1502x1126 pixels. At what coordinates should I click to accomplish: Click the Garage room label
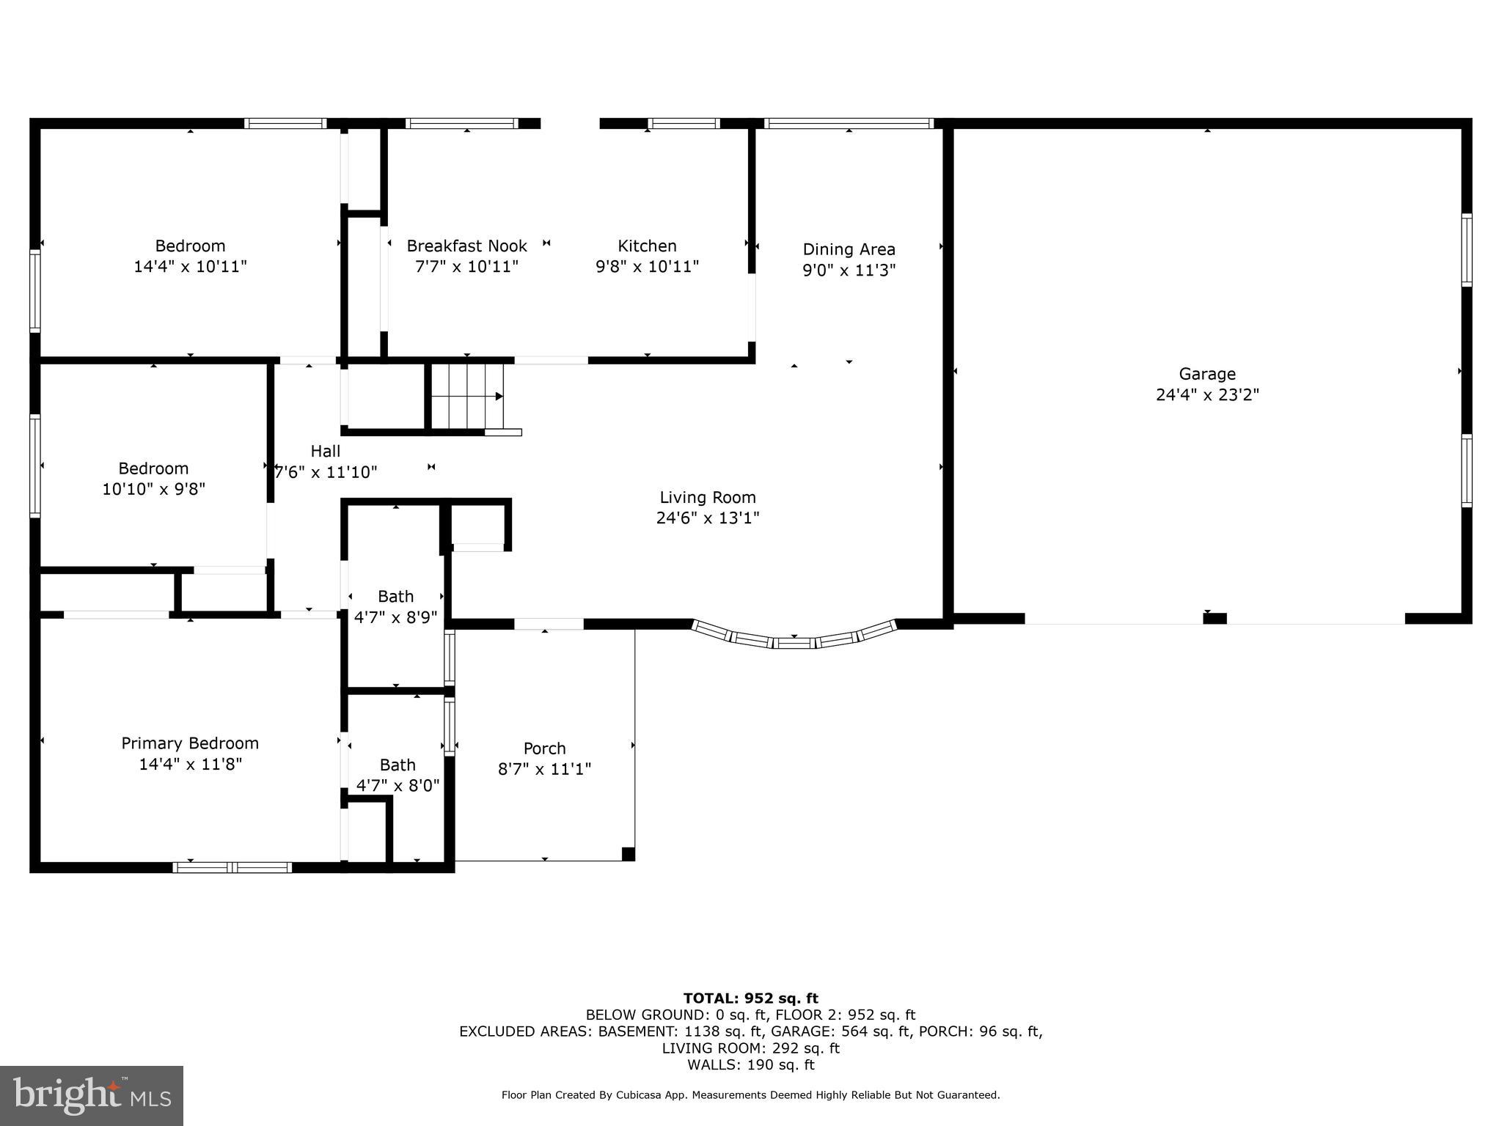pos(1207,374)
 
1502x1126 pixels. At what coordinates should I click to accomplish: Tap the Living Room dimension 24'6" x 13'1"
pos(707,518)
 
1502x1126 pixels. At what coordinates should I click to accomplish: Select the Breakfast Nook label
pos(466,246)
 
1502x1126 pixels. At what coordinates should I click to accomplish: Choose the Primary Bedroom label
pos(190,743)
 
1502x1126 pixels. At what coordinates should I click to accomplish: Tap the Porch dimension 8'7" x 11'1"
pos(544,769)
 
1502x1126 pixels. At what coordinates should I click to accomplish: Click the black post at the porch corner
pos(628,853)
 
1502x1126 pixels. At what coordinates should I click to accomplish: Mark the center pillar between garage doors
pos(1215,619)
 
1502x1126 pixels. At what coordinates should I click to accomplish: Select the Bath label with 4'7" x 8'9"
pos(395,597)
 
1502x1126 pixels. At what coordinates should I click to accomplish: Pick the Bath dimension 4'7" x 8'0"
pos(398,786)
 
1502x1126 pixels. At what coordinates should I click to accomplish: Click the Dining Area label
pos(849,249)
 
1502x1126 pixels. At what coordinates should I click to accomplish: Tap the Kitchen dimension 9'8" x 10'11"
pos(647,267)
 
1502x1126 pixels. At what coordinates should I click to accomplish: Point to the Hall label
pos(325,451)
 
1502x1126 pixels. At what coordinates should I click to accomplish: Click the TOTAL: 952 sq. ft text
pos(750,998)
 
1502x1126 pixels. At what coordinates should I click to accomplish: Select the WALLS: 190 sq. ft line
pos(750,1064)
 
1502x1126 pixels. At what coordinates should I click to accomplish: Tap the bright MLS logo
pos(92,1095)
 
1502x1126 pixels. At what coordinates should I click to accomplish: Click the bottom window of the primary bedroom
pos(232,867)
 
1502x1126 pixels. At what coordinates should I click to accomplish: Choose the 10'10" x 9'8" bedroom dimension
pos(153,489)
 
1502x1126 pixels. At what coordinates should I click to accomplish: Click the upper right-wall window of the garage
pos(1466,250)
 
